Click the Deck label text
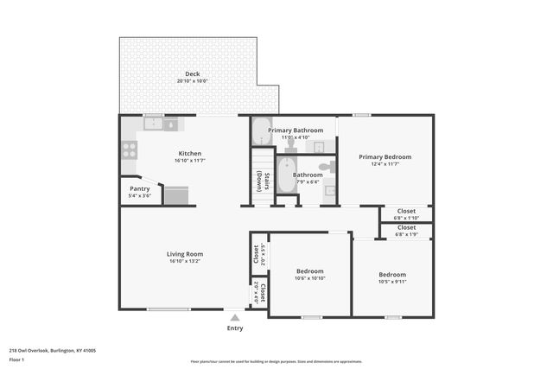coord(192,74)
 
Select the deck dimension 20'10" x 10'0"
coord(192,81)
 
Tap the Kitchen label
coord(190,154)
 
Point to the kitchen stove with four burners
coord(129,149)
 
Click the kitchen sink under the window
coord(154,124)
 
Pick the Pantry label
coord(139,188)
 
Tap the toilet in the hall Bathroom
coord(326,167)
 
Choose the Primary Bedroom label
coord(385,157)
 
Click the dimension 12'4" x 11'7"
coord(385,164)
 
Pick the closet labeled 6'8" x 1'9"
coord(406,231)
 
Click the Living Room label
coord(185,254)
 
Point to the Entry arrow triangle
coord(234,318)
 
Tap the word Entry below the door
coord(234,328)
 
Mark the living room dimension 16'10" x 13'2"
coord(185,261)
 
